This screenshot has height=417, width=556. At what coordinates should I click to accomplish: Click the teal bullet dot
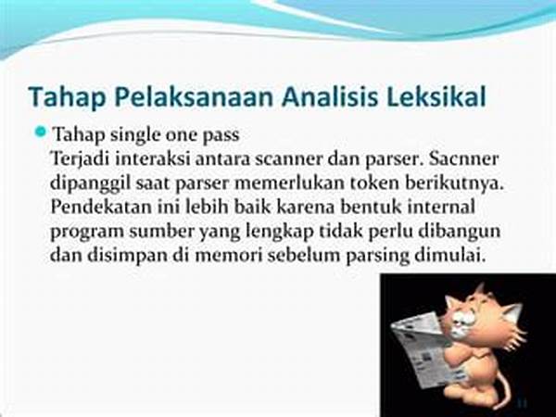41,133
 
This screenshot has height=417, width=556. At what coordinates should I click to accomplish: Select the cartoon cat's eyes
464,317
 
